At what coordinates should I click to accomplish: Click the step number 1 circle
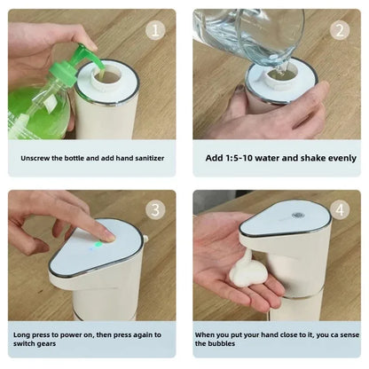156,30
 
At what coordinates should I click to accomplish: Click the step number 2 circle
340,30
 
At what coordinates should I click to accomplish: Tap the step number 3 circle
156,211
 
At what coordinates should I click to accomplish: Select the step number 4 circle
340,211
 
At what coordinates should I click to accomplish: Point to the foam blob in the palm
246,271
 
